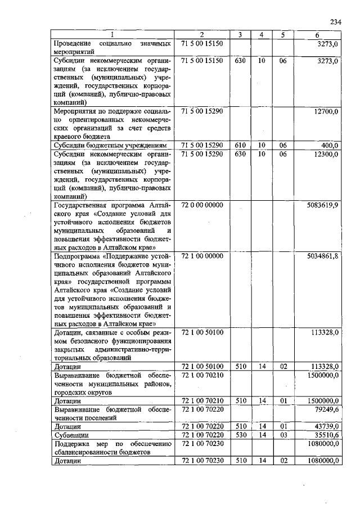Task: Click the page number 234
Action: point(336,22)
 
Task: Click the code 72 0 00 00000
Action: point(203,205)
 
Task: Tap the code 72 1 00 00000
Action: point(203,256)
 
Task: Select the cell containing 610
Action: point(240,145)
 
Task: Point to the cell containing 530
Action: point(240,435)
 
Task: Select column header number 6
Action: point(318,35)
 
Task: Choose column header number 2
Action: point(202,35)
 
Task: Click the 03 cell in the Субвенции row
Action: point(283,435)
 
